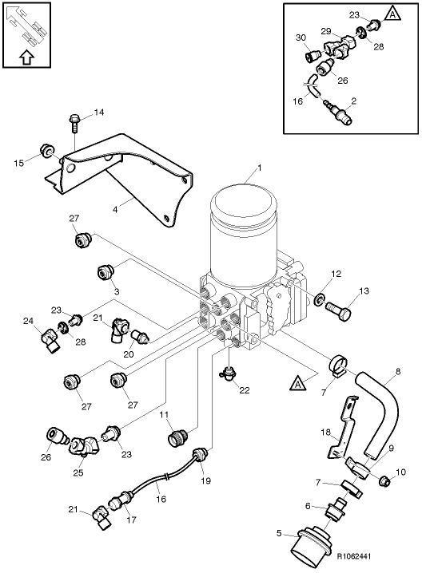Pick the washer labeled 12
pos(320,298)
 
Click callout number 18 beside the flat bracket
pos(324,432)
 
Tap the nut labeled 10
pos(384,480)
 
